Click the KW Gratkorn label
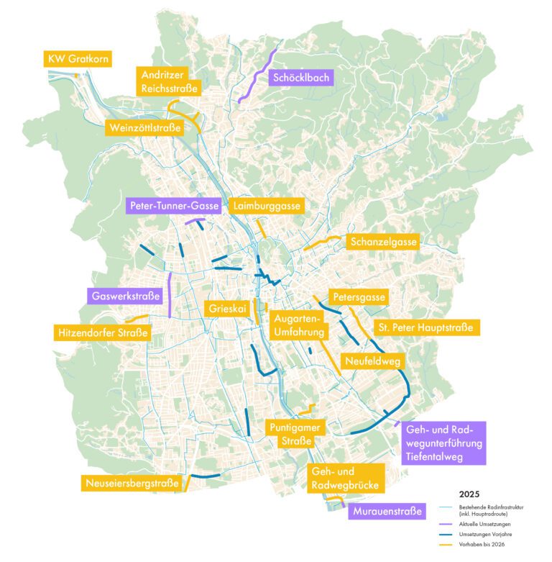tap(77, 59)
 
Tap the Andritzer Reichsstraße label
tap(170, 81)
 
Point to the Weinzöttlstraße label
tap(147, 128)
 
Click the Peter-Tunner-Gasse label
tap(174, 207)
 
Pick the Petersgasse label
tap(359, 296)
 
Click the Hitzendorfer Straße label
tap(102, 333)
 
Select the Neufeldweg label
tap(372, 361)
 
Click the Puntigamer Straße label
tap(295, 434)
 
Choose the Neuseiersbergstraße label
tap(131, 483)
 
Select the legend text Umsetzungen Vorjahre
tap(482, 535)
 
